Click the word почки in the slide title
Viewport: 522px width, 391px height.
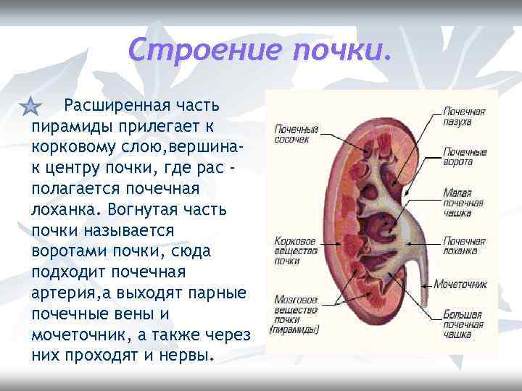341,50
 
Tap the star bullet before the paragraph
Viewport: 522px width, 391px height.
30,108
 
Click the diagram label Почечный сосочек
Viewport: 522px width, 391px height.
295,134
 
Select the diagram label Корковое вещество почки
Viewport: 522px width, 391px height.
295,250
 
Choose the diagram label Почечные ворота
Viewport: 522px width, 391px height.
464,157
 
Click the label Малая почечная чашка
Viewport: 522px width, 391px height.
464,203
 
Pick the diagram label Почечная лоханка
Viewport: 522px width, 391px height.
464,245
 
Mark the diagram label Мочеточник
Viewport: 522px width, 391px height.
461,285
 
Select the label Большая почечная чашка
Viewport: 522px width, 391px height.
464,324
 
